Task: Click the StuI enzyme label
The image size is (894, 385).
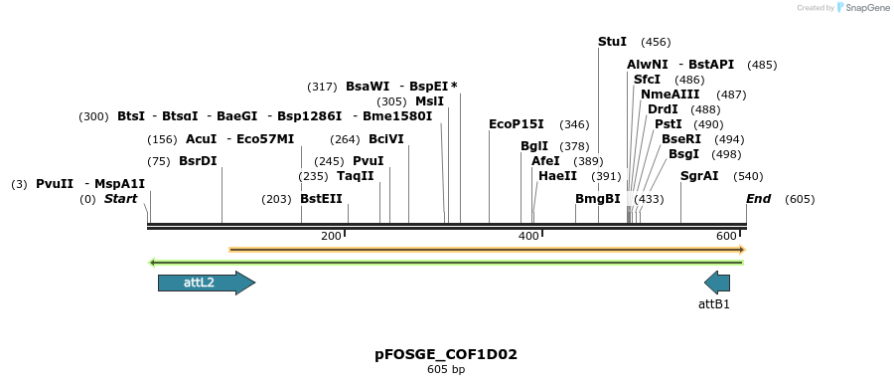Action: pos(612,42)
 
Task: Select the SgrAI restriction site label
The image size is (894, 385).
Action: pos(699,176)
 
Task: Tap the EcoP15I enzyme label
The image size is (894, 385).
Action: pos(517,124)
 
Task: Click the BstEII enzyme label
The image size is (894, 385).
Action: pos(321,199)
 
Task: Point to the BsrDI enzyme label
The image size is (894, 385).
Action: pos(198,161)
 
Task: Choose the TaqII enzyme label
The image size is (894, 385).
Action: pos(355,176)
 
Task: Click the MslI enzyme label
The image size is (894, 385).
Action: pos(430,101)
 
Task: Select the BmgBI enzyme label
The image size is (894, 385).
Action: pos(598,199)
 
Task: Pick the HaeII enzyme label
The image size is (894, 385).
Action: pos(557,176)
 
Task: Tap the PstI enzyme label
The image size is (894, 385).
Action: pos(669,124)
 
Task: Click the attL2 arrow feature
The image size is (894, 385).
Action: pos(206,283)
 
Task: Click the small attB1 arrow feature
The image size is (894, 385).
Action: pos(717,283)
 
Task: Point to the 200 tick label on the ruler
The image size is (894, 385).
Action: pos(331,236)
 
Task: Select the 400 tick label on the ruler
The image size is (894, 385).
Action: pos(528,236)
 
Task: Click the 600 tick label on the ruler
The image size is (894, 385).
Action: pos(726,236)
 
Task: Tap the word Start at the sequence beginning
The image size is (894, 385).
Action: pos(120,199)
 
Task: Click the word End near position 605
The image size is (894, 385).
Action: pos(758,199)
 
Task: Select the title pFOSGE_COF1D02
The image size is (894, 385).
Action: pos(446,354)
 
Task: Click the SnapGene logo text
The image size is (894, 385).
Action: pos(865,8)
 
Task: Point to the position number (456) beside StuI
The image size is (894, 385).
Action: pos(656,42)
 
